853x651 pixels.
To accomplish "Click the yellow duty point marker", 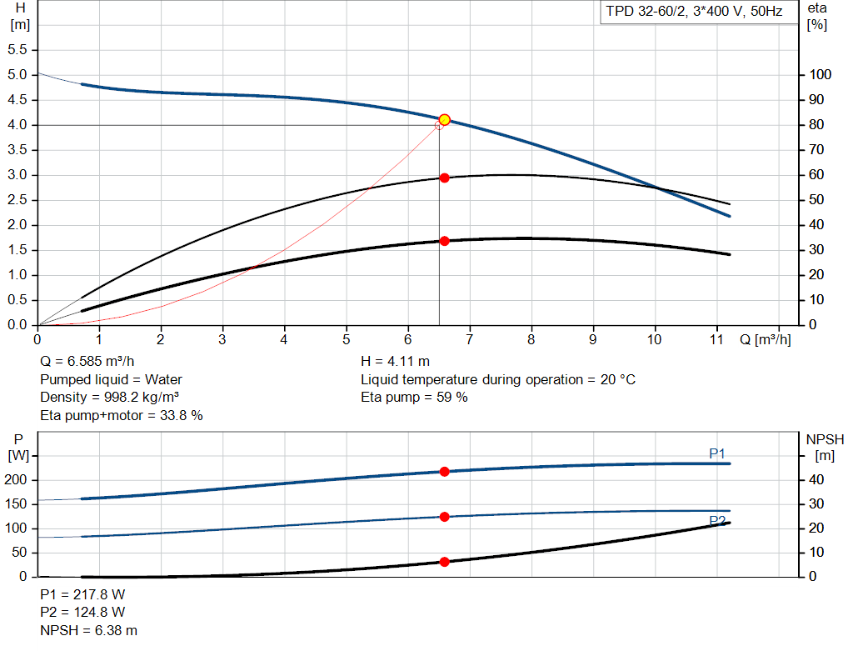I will coord(444,120).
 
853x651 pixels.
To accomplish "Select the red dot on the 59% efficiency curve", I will coord(444,178).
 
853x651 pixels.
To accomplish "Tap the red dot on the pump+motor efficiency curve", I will coord(444,241).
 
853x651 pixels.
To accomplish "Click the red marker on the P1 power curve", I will coord(444,472).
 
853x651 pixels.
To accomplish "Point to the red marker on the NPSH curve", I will coord(444,562).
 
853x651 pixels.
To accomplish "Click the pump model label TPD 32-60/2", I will coord(693,13).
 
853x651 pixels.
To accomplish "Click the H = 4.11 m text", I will coord(395,362).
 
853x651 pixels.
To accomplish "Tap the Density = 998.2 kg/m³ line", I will coord(110,397).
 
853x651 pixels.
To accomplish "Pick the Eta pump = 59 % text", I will coord(414,397).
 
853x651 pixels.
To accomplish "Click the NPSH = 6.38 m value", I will coord(89,631).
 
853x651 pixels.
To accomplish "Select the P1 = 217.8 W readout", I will coord(82,594).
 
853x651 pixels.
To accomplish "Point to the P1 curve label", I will coord(717,453).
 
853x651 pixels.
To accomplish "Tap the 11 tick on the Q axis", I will coord(717,339).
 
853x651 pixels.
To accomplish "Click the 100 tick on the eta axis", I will coord(820,75).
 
